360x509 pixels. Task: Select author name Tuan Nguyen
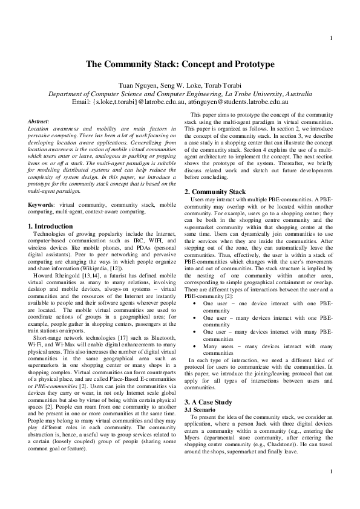point(137,85)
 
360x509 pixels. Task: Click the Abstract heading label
point(39,122)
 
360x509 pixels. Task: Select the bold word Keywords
point(41,206)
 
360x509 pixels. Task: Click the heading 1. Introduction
point(51,226)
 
